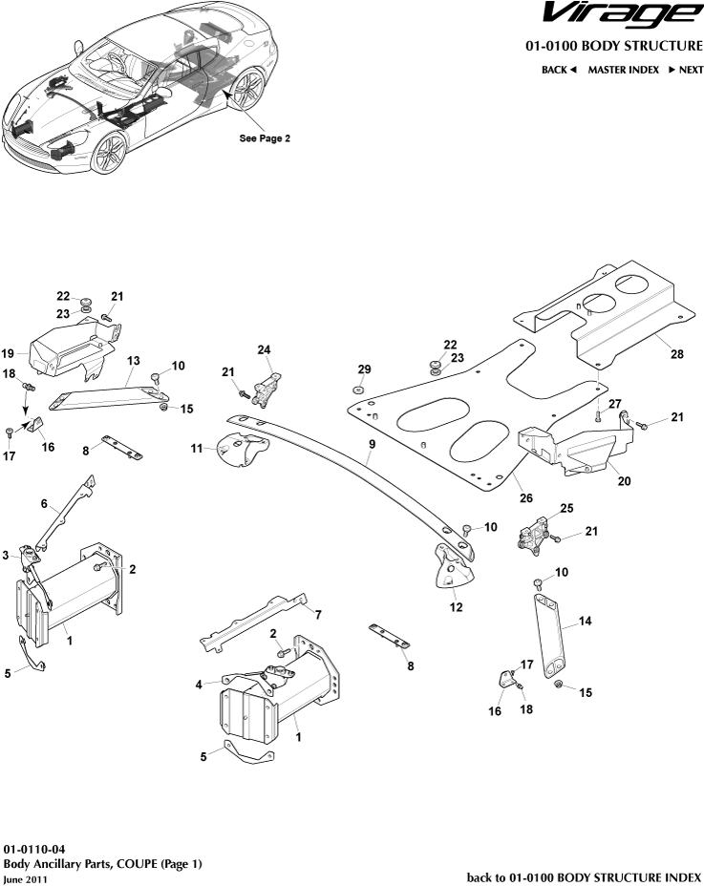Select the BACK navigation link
[559, 70]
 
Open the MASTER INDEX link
[623, 70]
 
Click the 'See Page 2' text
[265, 137]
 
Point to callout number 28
[676, 354]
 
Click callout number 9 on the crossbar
[372, 445]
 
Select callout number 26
[524, 496]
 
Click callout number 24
[264, 349]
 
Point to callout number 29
[363, 369]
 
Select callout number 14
[586, 621]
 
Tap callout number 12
[456, 606]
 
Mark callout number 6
[43, 503]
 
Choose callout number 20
[624, 482]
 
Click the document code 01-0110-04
[34, 848]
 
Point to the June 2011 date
[24, 878]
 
